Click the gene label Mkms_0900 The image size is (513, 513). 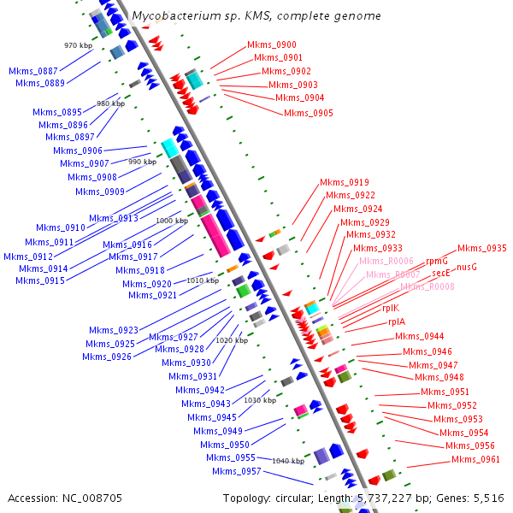[x=271, y=44]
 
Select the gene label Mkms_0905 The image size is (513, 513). [x=308, y=113]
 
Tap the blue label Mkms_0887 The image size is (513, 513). [x=33, y=71]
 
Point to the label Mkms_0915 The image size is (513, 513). [x=39, y=280]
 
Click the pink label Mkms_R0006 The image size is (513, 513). [x=386, y=261]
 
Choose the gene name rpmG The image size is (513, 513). [x=436, y=261]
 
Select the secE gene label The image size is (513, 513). [x=441, y=273]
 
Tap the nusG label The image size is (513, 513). [x=467, y=267]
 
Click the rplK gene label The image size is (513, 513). [x=390, y=307]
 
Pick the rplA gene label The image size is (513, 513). [x=397, y=322]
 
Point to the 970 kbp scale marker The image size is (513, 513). [x=77, y=44]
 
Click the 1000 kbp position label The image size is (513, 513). [x=171, y=221]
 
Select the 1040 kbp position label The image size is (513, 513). [x=287, y=461]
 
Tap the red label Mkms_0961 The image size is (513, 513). [x=475, y=459]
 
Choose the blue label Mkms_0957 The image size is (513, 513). [x=236, y=471]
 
